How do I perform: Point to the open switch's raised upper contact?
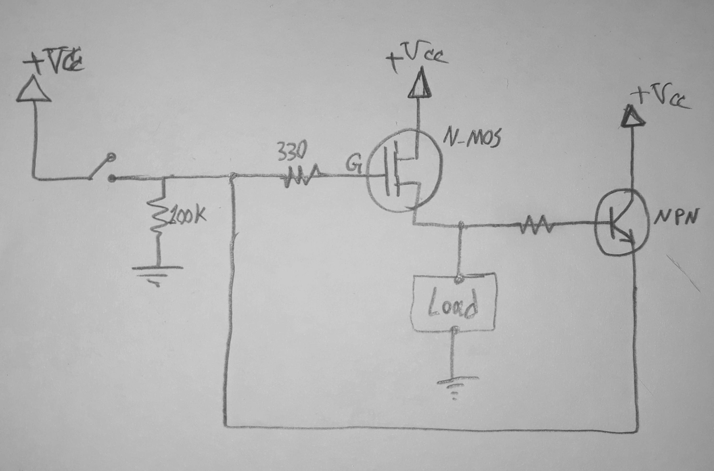[x=111, y=156]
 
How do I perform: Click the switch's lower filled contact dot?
[x=112, y=179]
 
